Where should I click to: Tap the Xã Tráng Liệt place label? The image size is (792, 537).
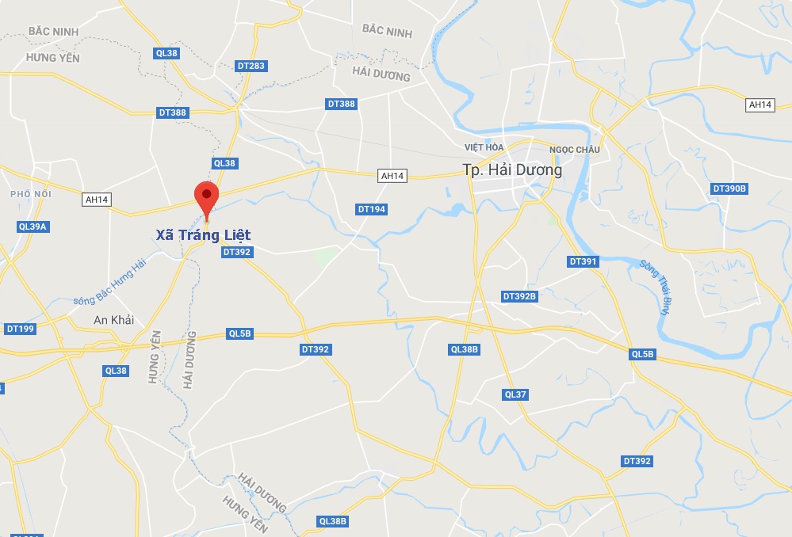[203, 235]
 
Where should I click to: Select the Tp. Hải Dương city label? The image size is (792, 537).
[512, 170]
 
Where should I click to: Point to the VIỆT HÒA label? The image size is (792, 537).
[484, 147]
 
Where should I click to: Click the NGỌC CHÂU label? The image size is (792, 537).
[575, 150]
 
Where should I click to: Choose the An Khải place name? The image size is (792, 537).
[113, 320]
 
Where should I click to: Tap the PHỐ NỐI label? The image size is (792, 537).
[31, 194]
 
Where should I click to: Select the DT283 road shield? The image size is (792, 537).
[251, 66]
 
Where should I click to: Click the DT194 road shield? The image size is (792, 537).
[372, 209]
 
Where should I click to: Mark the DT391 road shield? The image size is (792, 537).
[583, 261]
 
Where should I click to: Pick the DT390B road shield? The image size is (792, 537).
[730, 189]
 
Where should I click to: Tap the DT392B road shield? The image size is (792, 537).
[520, 296]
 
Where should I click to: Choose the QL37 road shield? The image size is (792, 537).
[515, 394]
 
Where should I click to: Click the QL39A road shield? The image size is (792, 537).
[33, 227]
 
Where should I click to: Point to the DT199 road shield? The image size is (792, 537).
[20, 328]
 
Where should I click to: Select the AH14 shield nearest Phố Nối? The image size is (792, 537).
[97, 200]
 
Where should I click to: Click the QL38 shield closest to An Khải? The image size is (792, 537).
[116, 371]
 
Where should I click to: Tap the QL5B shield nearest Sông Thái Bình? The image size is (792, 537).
[643, 354]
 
